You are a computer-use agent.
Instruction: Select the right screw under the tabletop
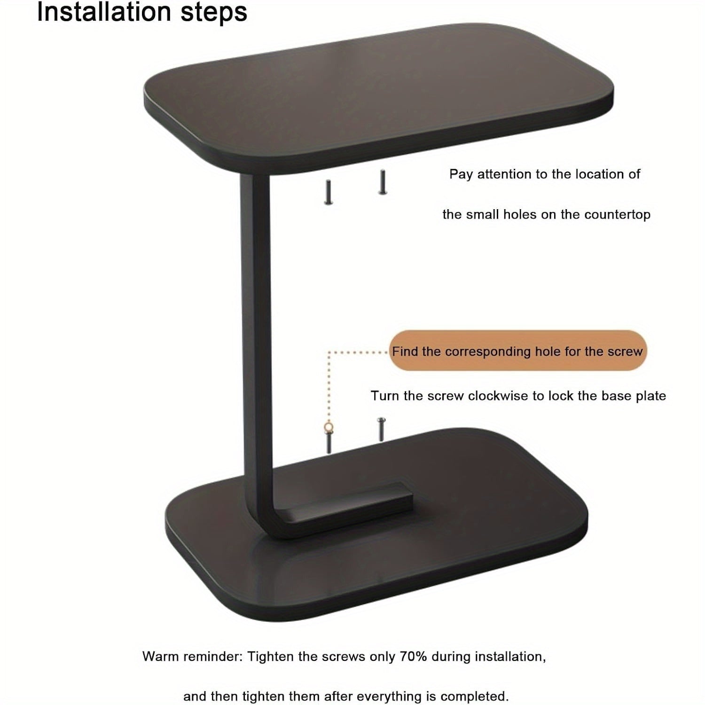tap(383, 182)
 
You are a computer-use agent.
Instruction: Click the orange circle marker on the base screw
tap(329, 428)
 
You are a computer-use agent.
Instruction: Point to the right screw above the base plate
tap(381, 429)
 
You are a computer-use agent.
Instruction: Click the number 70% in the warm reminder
tap(413, 656)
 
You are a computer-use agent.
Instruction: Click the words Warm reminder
tap(192, 656)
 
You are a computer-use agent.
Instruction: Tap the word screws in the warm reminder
tap(344, 656)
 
